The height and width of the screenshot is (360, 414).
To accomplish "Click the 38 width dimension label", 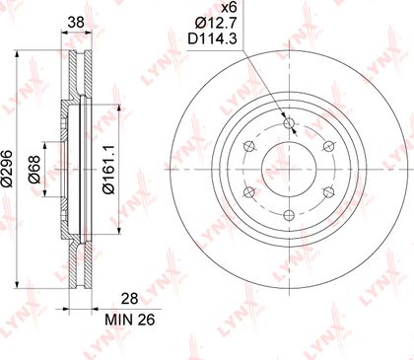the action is pyautogui.click(x=76, y=23).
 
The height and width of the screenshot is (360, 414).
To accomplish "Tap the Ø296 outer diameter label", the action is pyautogui.click(x=7, y=169).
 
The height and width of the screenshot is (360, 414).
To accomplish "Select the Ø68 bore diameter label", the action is pyautogui.click(x=34, y=170).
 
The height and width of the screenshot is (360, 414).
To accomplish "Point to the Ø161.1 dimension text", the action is pyautogui.click(x=108, y=170).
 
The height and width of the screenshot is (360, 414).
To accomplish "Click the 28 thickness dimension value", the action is pyautogui.click(x=130, y=299).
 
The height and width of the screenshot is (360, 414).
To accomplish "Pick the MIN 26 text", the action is pyautogui.click(x=130, y=320).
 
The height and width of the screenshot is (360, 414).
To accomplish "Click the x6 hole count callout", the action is pyautogui.click(x=230, y=7).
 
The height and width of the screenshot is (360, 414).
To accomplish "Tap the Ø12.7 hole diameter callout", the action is pyautogui.click(x=216, y=23).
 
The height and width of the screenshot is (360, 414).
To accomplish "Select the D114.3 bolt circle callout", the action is pyautogui.click(x=212, y=38).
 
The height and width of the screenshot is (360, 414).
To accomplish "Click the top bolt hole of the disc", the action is pyautogui.click(x=289, y=123).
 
